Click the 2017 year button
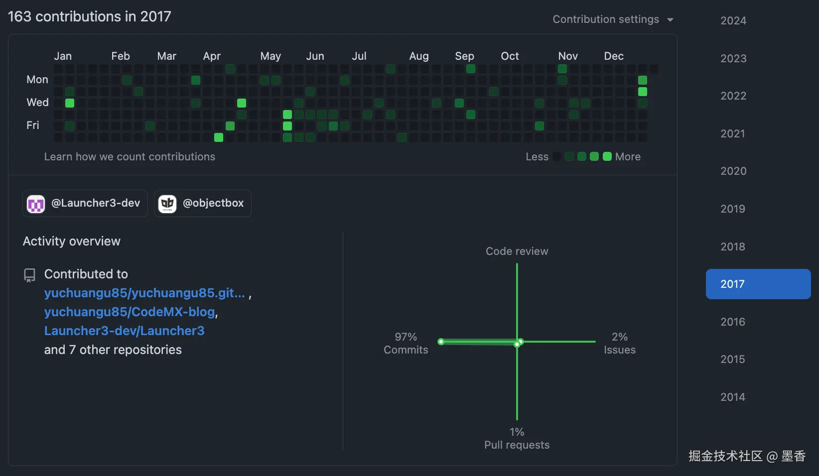[x=758, y=284]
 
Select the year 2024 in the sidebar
[x=733, y=20]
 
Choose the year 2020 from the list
[x=733, y=171]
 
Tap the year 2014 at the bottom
[x=733, y=397]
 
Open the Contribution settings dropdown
[x=613, y=19]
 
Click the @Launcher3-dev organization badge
[x=85, y=203]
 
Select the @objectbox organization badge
[x=202, y=203]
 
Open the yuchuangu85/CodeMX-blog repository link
[x=130, y=312]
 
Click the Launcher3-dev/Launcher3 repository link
[x=124, y=331]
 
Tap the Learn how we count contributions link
[x=130, y=156]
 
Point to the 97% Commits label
[x=406, y=343]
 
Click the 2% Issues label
[x=619, y=343]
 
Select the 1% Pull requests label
[x=517, y=438]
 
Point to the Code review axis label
[x=517, y=251]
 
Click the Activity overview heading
[x=72, y=241]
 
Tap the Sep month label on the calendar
[x=464, y=56]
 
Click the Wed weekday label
[x=37, y=102]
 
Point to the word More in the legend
[x=628, y=156]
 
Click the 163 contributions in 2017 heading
[x=90, y=16]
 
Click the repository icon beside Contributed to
[x=30, y=275]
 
